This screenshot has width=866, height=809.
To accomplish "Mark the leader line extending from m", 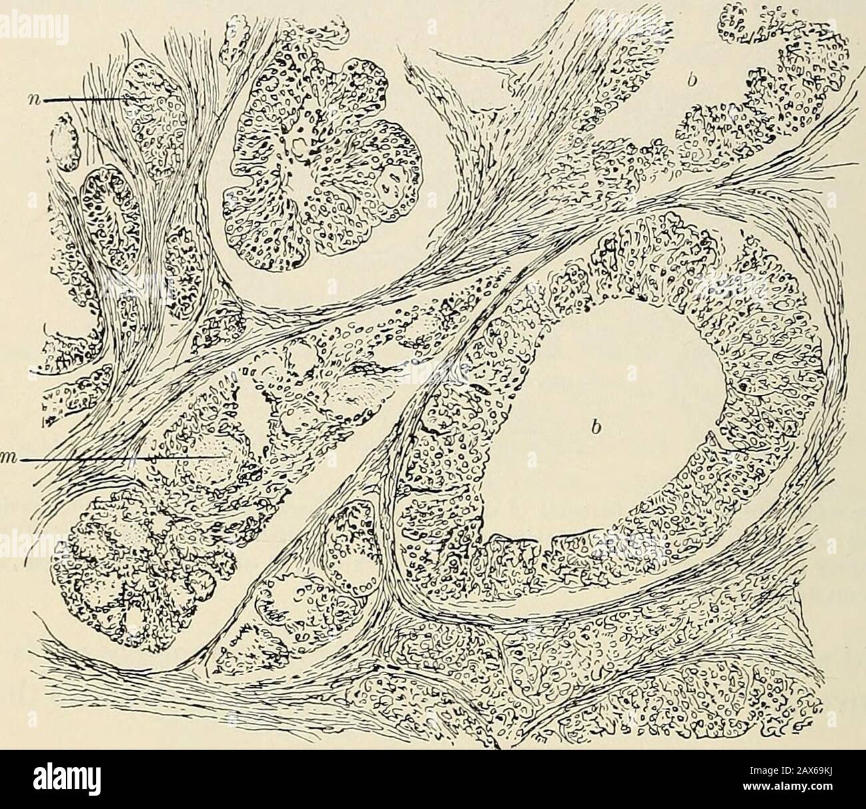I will click(120, 458).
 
